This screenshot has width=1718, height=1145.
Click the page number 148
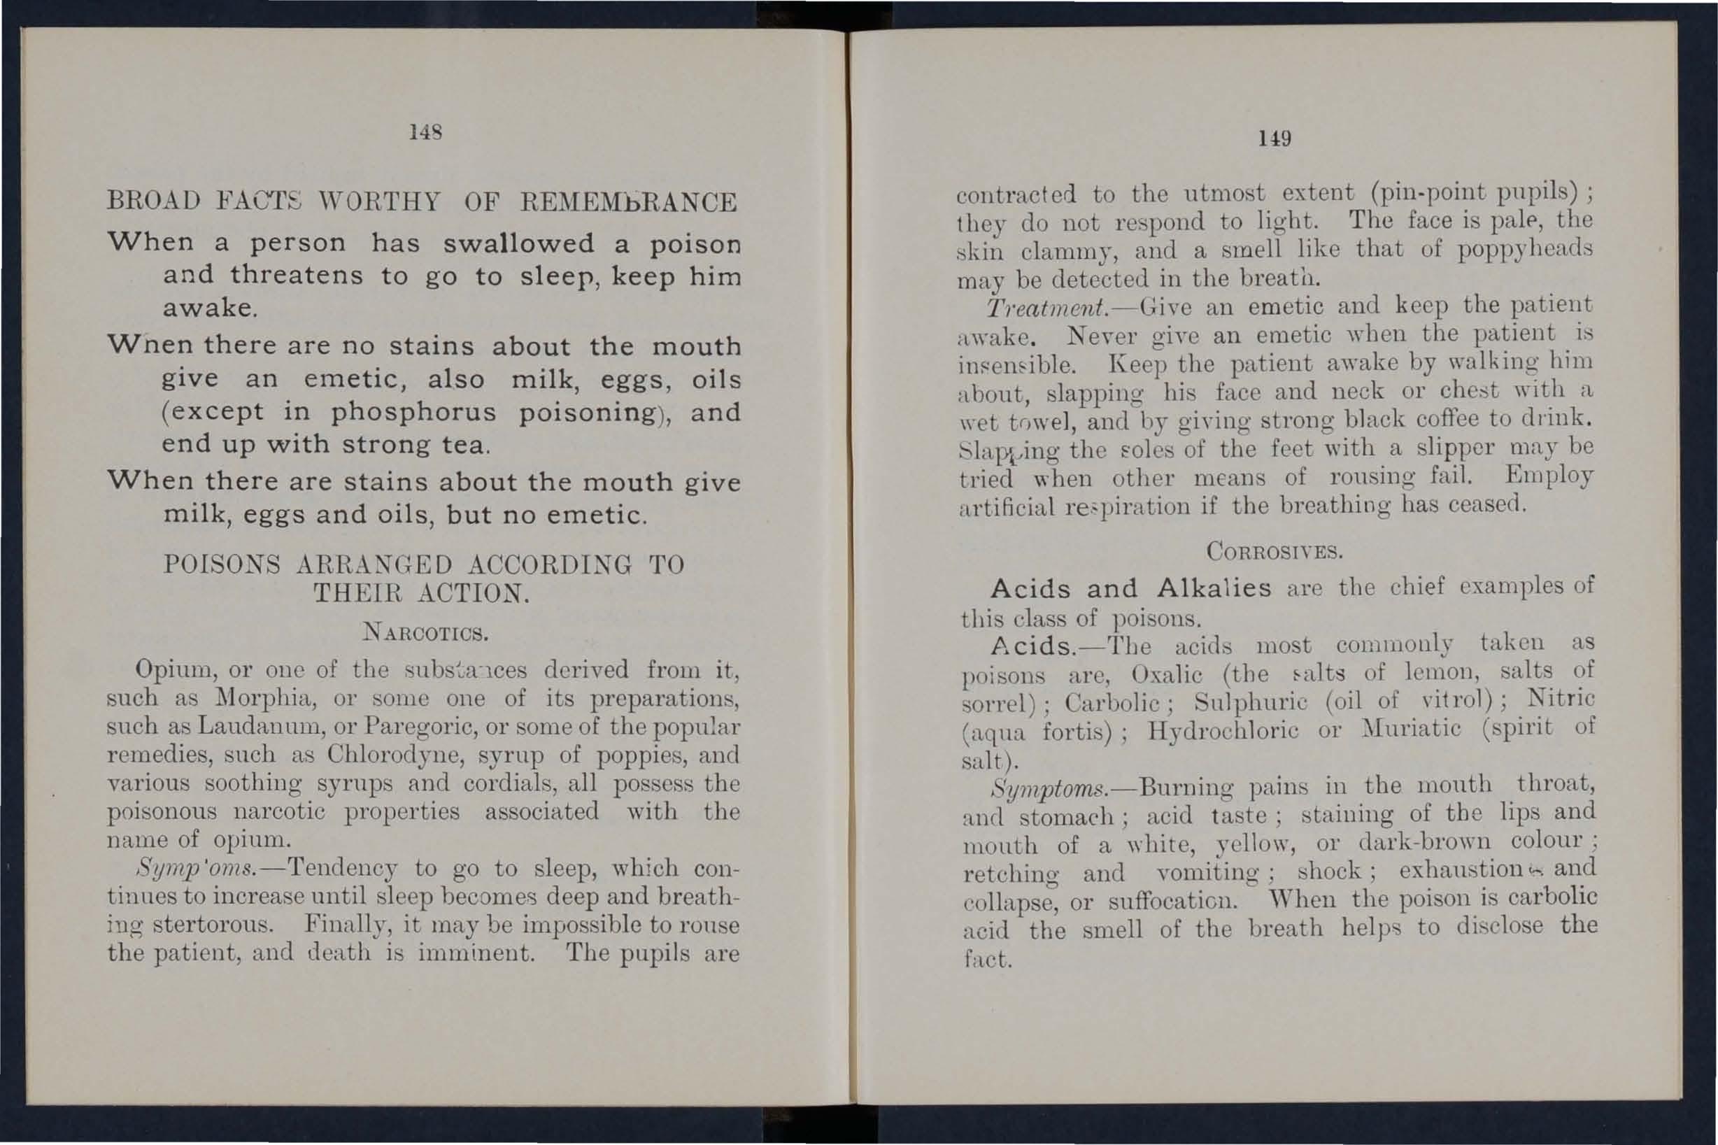tap(423, 132)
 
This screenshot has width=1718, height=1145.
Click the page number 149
tap(1274, 138)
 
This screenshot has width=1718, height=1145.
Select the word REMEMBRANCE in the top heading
tap(629, 202)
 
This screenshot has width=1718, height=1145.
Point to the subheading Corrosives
tap(1275, 551)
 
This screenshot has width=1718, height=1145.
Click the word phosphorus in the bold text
tap(413, 413)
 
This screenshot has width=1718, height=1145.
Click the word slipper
tap(1449, 448)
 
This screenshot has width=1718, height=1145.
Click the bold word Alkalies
tap(1214, 588)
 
